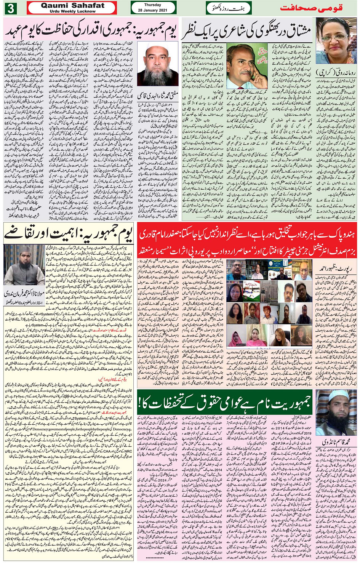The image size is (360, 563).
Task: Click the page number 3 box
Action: (x=10, y=8)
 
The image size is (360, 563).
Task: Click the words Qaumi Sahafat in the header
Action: (x=72, y=5)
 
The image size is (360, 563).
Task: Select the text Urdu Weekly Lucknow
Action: (x=72, y=11)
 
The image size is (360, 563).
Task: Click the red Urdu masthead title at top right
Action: (x=311, y=8)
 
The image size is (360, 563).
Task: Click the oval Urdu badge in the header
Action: (x=229, y=8)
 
